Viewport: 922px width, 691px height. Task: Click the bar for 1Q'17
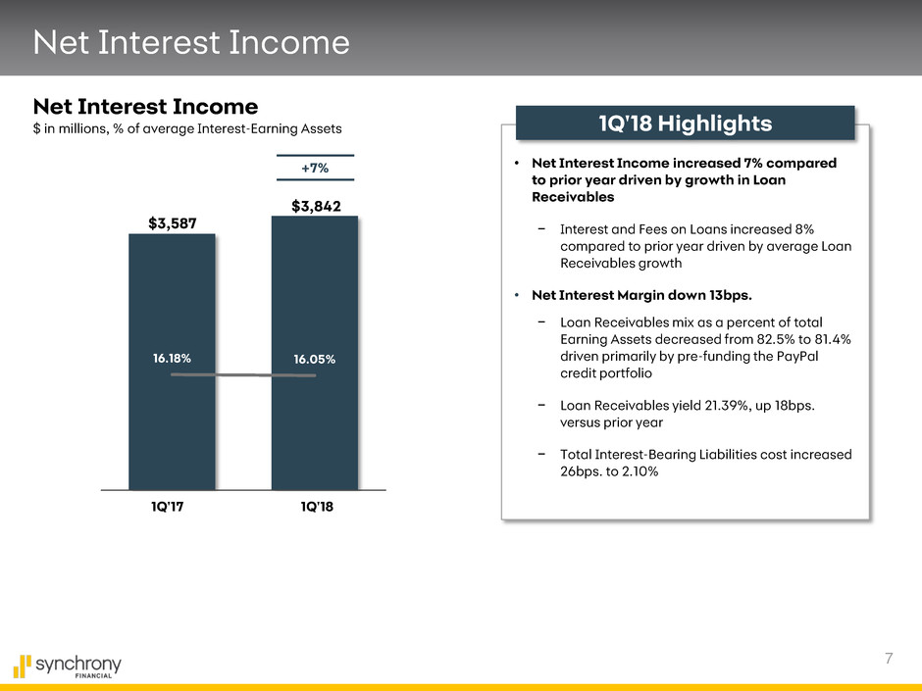click(x=172, y=362)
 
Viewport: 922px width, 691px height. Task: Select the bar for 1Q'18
click(x=315, y=353)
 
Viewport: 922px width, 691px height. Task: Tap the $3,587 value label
click(x=173, y=223)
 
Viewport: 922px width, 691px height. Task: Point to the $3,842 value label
click(x=316, y=206)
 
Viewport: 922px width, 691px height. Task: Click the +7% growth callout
click(x=315, y=168)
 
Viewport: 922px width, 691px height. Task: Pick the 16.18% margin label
click(x=172, y=358)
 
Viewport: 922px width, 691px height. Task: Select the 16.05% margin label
click(x=315, y=359)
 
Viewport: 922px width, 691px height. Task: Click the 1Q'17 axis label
click(x=168, y=507)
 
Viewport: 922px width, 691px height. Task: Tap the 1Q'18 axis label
click(x=317, y=507)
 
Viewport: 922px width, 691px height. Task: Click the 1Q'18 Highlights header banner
click(x=685, y=123)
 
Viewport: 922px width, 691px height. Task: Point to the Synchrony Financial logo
click(x=67, y=666)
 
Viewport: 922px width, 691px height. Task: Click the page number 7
click(x=889, y=658)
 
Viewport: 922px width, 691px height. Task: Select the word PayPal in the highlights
click(x=797, y=356)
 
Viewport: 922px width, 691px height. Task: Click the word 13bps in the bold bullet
click(x=730, y=295)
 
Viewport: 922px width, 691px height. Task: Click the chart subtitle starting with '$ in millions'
click(x=187, y=128)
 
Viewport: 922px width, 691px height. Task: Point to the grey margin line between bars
click(x=243, y=374)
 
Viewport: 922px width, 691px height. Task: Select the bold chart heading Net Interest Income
click(x=145, y=107)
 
